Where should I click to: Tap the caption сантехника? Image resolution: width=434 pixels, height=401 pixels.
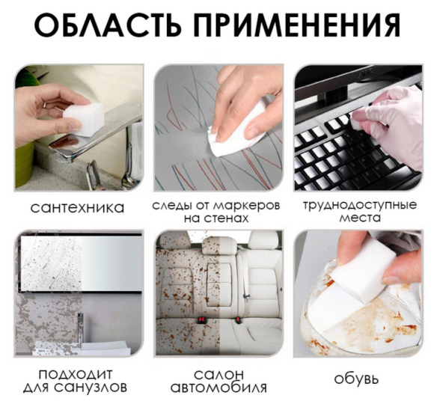pyautogui.click(x=79, y=206)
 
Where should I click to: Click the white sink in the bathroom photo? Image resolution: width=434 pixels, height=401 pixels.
pyautogui.click(x=105, y=346)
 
